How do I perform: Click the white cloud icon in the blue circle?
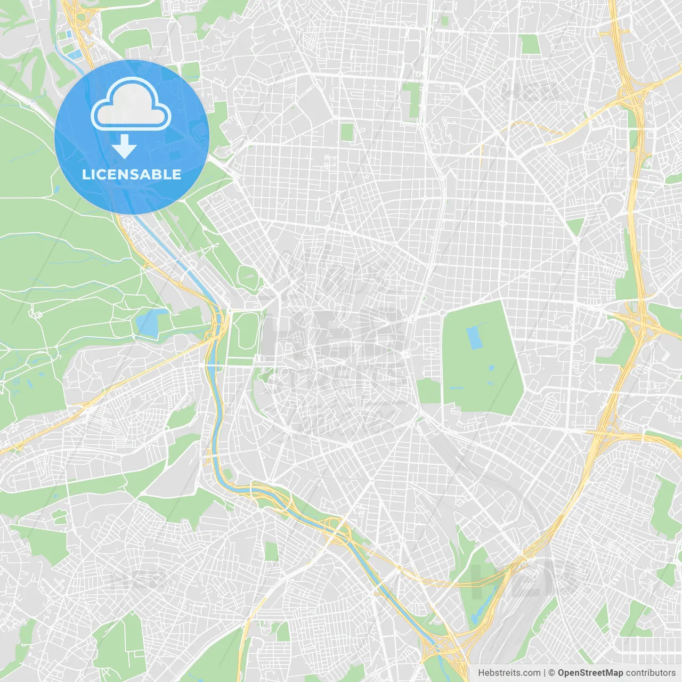tap(131, 105)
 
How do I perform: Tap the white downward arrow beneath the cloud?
tap(124, 146)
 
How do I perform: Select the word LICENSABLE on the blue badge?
tap(132, 174)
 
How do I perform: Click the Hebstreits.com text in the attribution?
tap(509, 673)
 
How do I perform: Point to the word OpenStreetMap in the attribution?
tap(590, 673)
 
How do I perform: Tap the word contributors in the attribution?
tap(651, 673)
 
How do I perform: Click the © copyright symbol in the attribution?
tap(552, 673)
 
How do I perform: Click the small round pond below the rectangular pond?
tap(490, 368)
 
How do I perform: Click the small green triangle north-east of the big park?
tap(575, 226)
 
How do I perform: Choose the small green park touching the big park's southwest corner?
tap(428, 391)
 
